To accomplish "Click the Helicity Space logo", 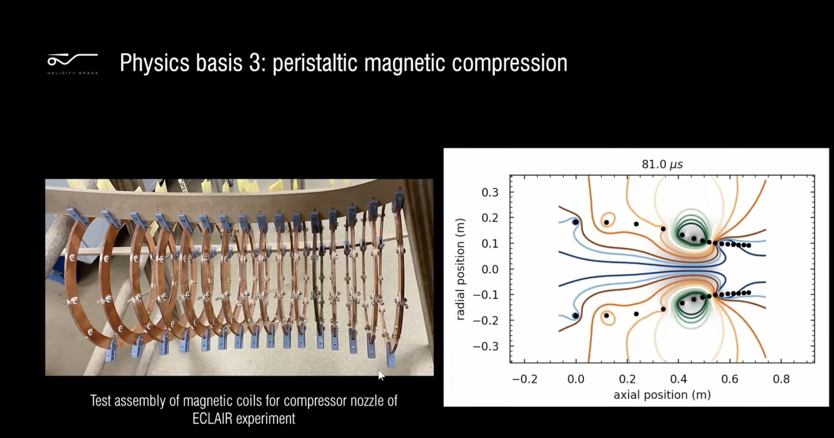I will click(x=73, y=63).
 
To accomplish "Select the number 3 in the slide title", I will click(x=255, y=63).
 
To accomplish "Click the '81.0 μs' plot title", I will click(x=662, y=164).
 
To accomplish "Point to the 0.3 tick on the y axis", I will click(x=490, y=193).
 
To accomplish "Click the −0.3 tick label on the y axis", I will click(x=486, y=346).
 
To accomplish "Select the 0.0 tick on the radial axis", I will click(x=490, y=269).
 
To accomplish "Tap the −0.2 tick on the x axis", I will click(x=524, y=379).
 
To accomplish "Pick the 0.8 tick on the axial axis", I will click(x=781, y=379).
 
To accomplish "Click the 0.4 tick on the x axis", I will click(x=679, y=379).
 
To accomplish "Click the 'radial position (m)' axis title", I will click(x=460, y=269).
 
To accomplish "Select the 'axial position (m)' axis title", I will click(x=662, y=395).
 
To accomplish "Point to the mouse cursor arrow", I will click(x=381, y=375).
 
